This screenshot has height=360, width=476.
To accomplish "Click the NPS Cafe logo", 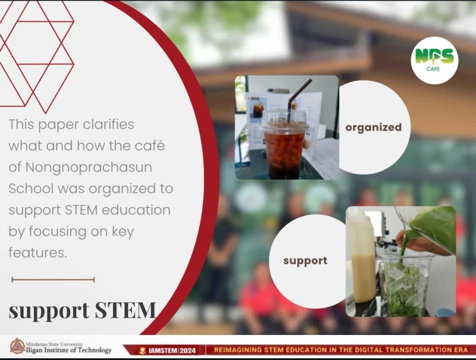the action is coord(434,61).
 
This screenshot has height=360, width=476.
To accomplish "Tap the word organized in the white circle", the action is coord(374,127).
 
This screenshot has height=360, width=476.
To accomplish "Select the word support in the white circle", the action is coord(305,261).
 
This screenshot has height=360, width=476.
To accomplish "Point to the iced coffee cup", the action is coord(284,144).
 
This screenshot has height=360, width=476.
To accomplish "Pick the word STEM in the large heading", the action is coord(125,310).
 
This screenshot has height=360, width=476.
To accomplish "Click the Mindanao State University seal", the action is coord(17,346).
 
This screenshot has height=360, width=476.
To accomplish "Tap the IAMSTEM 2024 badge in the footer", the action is coord(168,350).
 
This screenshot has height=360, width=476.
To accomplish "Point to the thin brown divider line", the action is coord(53,280).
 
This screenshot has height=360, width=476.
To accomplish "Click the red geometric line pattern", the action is coord(36,57).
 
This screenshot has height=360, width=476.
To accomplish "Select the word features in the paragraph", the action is coord(37,252).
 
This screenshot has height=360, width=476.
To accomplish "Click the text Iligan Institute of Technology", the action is coord(68,350).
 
